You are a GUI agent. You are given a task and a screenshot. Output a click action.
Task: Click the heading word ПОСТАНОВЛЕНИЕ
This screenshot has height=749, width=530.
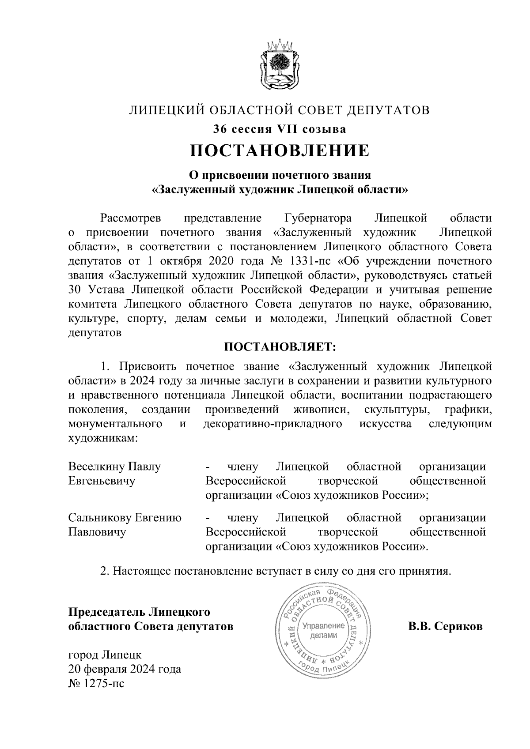click(279, 151)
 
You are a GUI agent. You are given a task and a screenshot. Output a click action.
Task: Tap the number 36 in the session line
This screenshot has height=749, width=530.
click(220, 129)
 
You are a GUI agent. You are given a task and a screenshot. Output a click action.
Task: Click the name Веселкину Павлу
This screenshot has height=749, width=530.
click(114, 467)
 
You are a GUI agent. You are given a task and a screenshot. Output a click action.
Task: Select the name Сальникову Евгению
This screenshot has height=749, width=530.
click(125, 518)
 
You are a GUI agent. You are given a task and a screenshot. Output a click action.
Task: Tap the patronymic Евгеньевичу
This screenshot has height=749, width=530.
click(102, 481)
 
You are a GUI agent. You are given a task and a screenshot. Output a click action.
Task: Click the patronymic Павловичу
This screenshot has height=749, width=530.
click(97, 532)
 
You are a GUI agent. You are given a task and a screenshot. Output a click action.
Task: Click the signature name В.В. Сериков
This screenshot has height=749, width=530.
click(445, 626)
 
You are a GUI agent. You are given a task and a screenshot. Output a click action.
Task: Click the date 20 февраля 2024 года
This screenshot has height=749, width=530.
click(125, 669)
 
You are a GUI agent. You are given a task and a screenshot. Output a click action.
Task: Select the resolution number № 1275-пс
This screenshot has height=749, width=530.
click(96, 684)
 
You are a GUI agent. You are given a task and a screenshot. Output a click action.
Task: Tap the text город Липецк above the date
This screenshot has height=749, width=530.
click(105, 655)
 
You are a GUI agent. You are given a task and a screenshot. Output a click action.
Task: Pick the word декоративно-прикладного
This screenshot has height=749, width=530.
click(273, 424)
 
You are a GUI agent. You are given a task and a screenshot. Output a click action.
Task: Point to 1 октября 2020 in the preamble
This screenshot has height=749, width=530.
click(189, 261)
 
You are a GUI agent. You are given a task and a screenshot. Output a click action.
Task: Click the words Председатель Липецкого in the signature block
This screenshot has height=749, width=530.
click(139, 612)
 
